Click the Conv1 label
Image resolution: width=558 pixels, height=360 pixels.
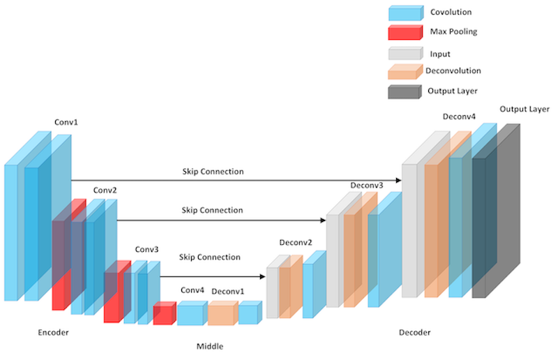coord(66,123)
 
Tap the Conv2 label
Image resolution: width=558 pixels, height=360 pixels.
coord(105,190)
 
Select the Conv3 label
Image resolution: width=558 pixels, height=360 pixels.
coord(146,249)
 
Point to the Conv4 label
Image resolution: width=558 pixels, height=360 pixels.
coord(193,290)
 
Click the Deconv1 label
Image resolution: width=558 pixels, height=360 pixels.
coord(227,290)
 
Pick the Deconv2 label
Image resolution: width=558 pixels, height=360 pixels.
coord(296,243)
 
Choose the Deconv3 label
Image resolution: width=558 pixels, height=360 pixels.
coord(367,185)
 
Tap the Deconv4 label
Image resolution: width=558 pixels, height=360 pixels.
coord(459,117)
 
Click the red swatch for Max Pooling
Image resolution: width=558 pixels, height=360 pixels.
coord(405,32)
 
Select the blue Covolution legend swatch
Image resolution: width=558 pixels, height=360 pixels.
coord(405,13)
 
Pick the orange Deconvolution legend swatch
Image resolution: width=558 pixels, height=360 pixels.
coord(405,71)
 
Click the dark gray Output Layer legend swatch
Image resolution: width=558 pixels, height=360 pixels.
coord(405,91)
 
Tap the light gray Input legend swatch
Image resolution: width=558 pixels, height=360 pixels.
coord(405,52)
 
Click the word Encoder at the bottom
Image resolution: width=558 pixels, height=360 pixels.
coord(53,333)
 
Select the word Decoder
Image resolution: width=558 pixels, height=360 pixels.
coord(414,333)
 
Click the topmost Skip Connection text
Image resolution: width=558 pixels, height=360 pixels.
coord(213,171)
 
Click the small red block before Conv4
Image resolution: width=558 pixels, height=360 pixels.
coord(164,314)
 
